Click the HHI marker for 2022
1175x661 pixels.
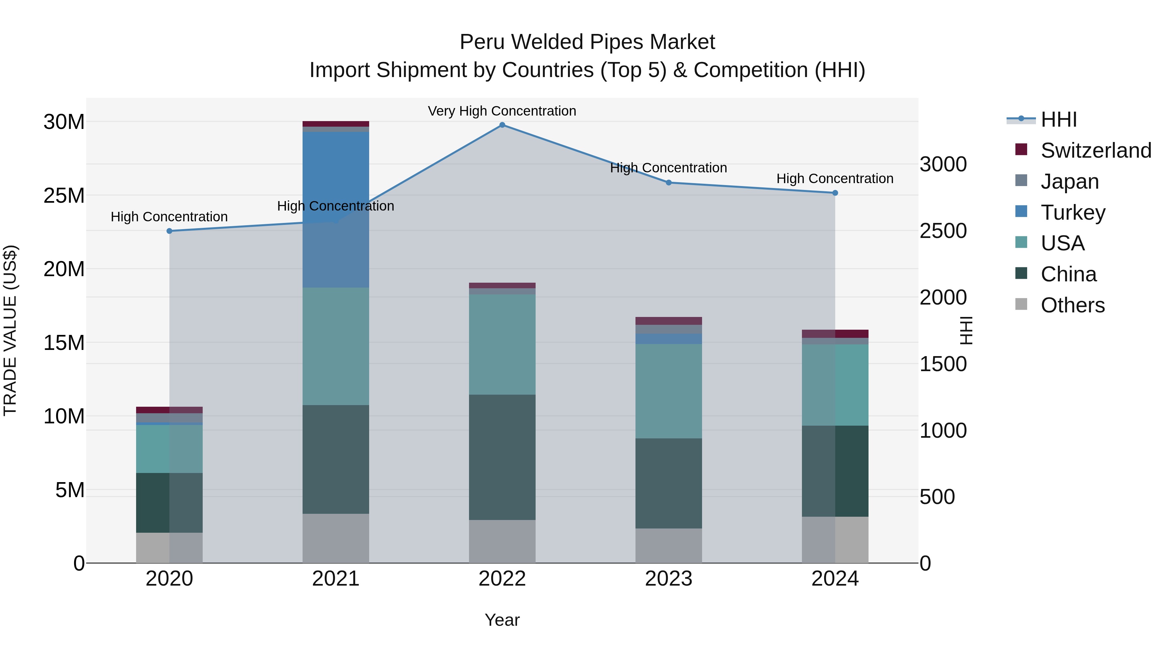coord(502,125)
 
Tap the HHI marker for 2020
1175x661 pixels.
coord(169,231)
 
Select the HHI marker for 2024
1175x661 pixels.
coord(835,193)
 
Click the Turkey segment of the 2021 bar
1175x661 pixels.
coord(336,210)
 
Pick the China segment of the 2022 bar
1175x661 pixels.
coord(502,457)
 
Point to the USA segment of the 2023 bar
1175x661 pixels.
coord(669,391)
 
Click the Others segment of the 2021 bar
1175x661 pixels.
coord(336,538)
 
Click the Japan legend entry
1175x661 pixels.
coord(1070,181)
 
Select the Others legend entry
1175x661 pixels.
coord(1073,305)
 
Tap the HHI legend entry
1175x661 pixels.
coord(1058,119)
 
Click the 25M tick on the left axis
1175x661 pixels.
coord(64,196)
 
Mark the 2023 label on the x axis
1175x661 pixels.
coord(669,579)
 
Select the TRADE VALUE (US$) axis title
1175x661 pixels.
coord(10,330)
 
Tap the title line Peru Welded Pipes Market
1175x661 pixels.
coord(587,42)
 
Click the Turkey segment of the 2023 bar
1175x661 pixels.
coord(669,339)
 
